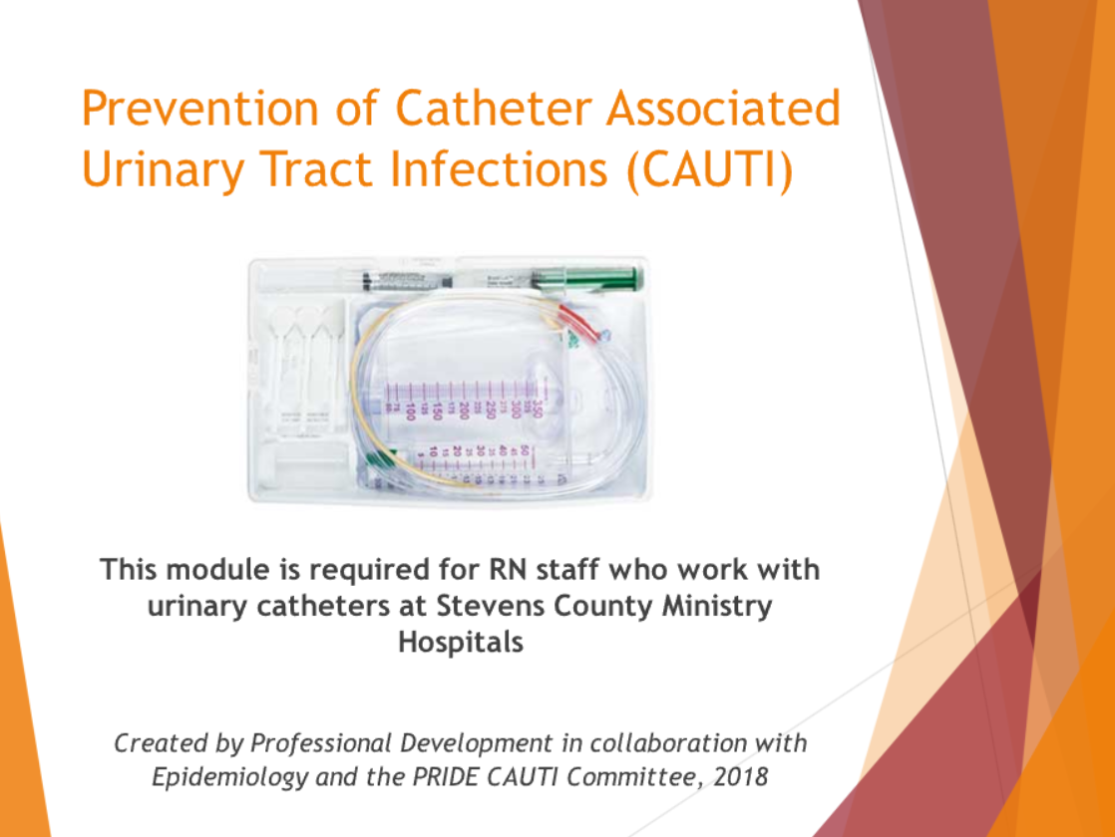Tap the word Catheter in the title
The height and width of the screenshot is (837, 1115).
pyautogui.click(x=493, y=108)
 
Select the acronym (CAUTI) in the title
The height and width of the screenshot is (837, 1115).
pyautogui.click(x=710, y=169)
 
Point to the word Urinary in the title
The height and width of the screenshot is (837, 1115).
pyautogui.click(x=164, y=170)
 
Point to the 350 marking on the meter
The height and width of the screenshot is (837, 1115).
pyautogui.click(x=539, y=410)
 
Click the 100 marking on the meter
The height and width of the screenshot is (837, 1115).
pyautogui.click(x=410, y=411)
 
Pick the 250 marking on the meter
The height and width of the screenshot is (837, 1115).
pyautogui.click(x=491, y=410)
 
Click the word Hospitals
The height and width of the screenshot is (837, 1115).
pyautogui.click(x=461, y=643)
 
